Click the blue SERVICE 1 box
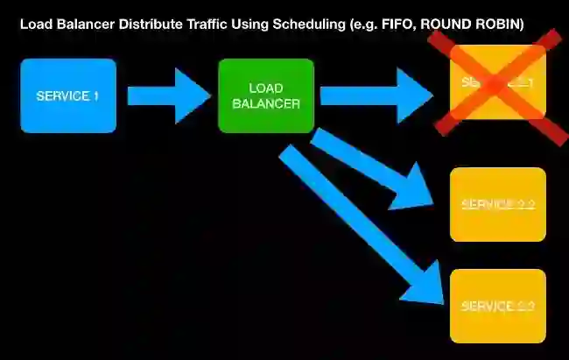68,95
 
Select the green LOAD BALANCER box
266,95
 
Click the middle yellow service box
497,204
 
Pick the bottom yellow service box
497,306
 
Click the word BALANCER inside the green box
266,103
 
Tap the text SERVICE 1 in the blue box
68,95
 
